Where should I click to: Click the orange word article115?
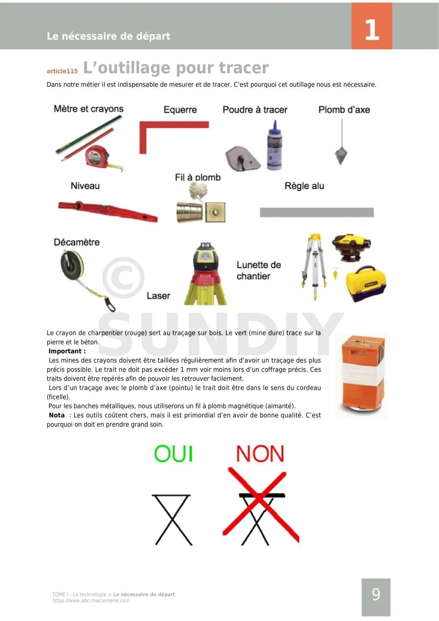(62, 71)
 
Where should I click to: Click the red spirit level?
(108, 211)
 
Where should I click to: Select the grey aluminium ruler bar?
(317, 213)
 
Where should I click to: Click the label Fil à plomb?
(198, 177)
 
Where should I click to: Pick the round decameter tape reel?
(72, 265)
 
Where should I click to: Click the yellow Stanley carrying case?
(366, 283)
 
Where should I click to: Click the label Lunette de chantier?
(259, 270)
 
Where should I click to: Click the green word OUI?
(173, 454)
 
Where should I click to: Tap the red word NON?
(260, 454)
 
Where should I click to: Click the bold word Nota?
(57, 415)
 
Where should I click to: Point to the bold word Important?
(65, 351)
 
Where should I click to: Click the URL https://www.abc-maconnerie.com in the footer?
(91, 600)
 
